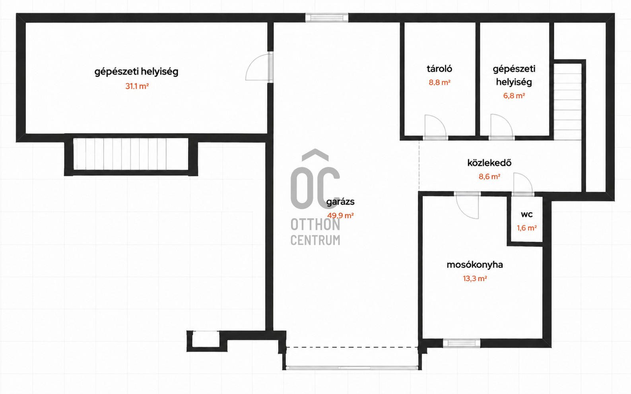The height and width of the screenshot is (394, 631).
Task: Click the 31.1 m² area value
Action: click(137, 86)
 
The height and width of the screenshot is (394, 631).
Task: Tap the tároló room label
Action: click(439, 69)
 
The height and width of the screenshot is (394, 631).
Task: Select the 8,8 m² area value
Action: click(439, 83)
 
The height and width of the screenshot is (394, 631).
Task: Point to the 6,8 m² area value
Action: click(514, 96)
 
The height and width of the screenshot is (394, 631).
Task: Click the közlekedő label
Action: click(489, 163)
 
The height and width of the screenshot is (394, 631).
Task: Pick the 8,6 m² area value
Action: click(489, 177)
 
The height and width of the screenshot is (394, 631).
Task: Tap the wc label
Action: click(526, 214)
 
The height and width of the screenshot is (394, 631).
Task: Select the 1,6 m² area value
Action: click(526, 228)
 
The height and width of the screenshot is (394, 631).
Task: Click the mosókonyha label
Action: click(475, 265)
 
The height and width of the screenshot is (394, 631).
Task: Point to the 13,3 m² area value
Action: click(475, 279)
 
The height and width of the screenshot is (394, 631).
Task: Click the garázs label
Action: click(340, 202)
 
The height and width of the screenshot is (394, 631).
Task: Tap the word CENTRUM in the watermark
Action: click(315, 240)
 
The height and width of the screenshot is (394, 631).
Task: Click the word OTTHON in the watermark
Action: click(315, 225)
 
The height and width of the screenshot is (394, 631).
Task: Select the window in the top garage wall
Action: click(327, 18)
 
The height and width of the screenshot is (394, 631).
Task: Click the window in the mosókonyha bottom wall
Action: click(461, 343)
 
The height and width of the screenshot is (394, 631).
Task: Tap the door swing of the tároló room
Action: click(435, 127)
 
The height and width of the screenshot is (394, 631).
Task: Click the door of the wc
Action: click(523, 184)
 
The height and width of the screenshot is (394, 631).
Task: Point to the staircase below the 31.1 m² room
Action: click(131, 154)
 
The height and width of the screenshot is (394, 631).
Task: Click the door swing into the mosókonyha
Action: click(467, 206)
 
